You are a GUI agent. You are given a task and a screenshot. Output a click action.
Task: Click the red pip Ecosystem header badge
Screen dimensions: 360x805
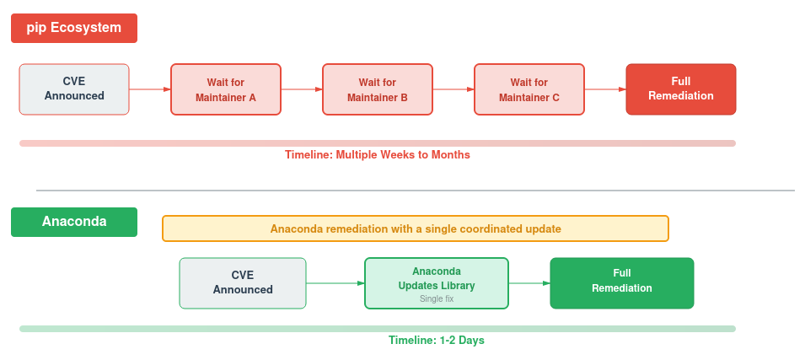[74, 28]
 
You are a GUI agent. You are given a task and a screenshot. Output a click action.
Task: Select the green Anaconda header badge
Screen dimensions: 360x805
[74, 222]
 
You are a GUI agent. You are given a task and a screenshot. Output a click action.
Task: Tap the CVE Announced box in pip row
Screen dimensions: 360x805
[74, 89]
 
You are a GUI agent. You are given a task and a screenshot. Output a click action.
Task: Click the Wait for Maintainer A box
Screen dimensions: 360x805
[226, 89]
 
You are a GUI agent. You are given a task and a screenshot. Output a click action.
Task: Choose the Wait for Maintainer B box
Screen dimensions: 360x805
[378, 89]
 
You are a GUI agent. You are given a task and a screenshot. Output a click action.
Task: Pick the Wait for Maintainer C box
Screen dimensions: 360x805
[529, 89]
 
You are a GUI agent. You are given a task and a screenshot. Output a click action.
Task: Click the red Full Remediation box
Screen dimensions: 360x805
[681, 89]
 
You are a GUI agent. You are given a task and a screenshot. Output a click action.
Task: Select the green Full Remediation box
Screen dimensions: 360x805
[622, 282]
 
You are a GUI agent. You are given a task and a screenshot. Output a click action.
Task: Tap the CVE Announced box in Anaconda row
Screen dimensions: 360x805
[243, 282]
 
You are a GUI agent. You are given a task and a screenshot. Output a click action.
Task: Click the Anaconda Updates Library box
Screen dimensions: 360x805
[437, 278]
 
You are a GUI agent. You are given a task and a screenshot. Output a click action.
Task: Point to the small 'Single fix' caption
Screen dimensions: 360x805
[437, 298]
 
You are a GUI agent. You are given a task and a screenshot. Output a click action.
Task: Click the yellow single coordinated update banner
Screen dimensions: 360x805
[416, 228]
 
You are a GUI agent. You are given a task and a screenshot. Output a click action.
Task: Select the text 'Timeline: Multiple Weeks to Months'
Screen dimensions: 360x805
[378, 155]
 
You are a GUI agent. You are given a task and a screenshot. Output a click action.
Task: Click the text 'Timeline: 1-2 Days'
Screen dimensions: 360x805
[437, 341]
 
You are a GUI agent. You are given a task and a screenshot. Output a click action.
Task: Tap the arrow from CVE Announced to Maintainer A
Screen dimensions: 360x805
[150, 89]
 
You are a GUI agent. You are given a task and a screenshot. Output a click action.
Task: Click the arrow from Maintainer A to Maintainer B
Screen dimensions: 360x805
[302, 89]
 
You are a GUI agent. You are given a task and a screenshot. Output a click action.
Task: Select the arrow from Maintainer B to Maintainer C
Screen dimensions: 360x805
[453, 89]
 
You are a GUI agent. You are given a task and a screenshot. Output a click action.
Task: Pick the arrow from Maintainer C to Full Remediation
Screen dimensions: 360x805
[605, 89]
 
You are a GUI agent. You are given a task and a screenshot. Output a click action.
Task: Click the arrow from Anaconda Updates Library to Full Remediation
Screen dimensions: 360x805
[529, 282]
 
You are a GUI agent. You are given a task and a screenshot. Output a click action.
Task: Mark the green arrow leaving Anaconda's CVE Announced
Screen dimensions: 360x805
[335, 282]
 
